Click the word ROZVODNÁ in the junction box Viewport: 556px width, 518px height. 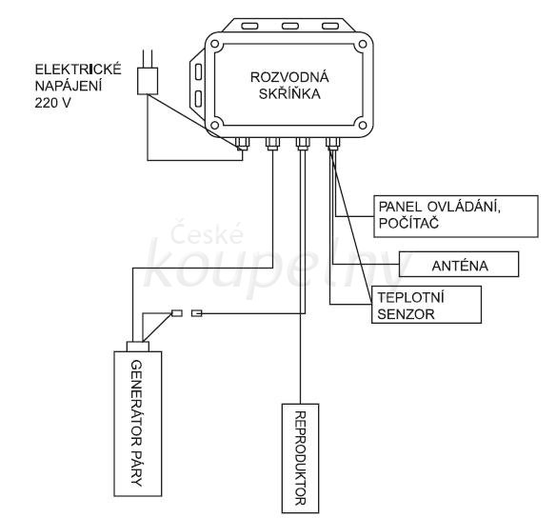click(x=289, y=77)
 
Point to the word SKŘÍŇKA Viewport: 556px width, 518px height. click(x=289, y=94)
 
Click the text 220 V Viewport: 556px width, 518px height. click(x=52, y=103)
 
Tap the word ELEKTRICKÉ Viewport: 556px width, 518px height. click(x=78, y=70)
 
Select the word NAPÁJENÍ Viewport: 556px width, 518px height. click(x=69, y=86)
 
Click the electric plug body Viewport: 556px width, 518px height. click(x=148, y=81)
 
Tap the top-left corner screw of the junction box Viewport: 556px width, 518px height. click(x=214, y=45)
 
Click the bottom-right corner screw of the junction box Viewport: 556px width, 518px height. click(x=363, y=125)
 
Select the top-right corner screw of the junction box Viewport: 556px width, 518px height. click(x=363, y=45)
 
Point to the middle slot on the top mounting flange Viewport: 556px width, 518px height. click(x=290, y=26)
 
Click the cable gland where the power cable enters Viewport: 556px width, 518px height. click(x=243, y=143)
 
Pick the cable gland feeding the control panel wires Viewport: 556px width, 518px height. click(x=332, y=143)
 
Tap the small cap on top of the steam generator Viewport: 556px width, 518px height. click(x=138, y=347)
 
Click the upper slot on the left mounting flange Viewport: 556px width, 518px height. click(x=199, y=71)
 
